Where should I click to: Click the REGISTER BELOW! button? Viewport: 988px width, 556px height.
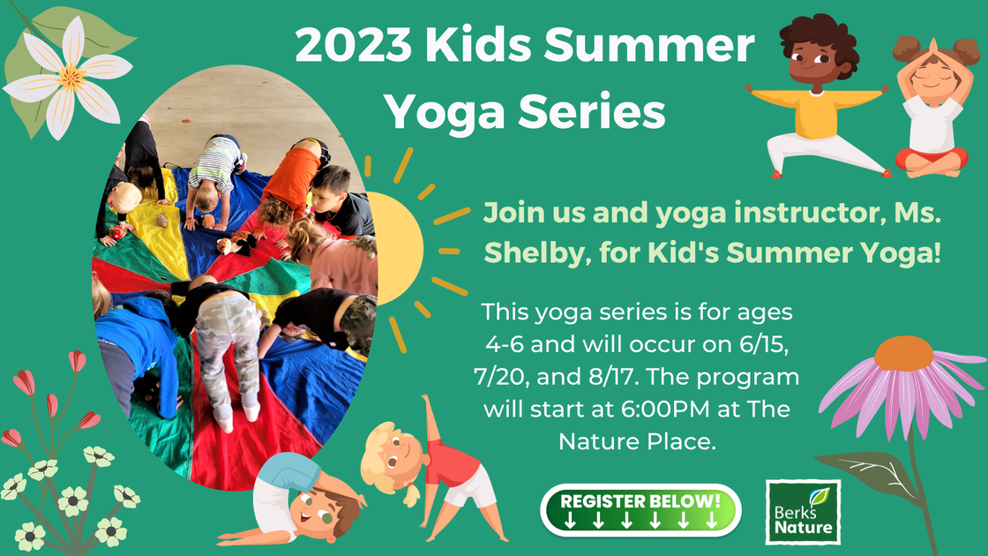click(640, 510)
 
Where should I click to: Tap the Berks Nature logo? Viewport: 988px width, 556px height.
click(803, 512)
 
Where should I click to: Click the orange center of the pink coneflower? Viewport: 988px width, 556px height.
click(902, 352)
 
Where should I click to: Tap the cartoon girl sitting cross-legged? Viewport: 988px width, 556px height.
click(931, 106)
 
